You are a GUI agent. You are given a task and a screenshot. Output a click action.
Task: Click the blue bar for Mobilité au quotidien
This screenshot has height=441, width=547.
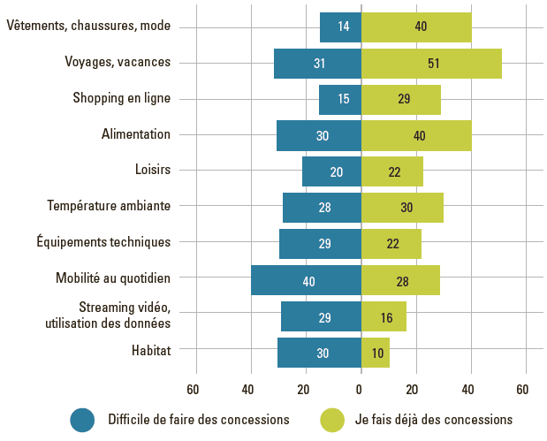click(306, 280)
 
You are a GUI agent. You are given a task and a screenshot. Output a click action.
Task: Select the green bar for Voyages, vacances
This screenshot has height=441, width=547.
click(431, 64)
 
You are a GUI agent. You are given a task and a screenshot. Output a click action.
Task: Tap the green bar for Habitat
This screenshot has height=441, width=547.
click(376, 353)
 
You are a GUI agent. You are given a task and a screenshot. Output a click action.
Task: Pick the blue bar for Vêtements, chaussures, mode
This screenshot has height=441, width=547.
click(340, 27)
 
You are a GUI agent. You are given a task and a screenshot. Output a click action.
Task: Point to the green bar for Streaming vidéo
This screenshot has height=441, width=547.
click(384, 316)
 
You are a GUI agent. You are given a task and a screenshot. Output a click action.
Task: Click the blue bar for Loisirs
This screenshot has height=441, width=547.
click(331, 171)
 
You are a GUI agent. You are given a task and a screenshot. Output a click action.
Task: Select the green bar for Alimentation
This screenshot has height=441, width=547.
click(416, 135)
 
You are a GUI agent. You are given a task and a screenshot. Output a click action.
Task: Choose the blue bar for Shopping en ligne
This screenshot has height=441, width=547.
click(340, 99)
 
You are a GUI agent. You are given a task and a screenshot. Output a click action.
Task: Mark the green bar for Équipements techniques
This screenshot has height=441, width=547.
click(391, 244)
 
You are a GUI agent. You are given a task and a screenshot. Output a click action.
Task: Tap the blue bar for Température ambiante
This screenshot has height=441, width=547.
click(322, 208)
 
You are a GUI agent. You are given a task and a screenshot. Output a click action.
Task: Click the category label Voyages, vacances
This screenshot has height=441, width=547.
click(118, 62)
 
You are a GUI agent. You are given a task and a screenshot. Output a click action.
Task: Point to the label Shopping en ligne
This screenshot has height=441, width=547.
click(122, 98)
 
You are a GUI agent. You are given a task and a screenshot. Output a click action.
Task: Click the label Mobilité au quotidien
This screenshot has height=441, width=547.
click(113, 278)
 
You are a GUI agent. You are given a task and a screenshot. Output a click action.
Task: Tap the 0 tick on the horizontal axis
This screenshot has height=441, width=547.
click(361, 390)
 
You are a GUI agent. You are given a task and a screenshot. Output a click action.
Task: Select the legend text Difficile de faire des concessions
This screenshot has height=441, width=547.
click(199, 420)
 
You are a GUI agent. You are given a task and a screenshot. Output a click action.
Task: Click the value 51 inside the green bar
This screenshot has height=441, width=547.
click(433, 64)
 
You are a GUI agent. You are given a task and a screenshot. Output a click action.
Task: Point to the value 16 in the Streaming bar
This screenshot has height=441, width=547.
click(386, 316)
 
